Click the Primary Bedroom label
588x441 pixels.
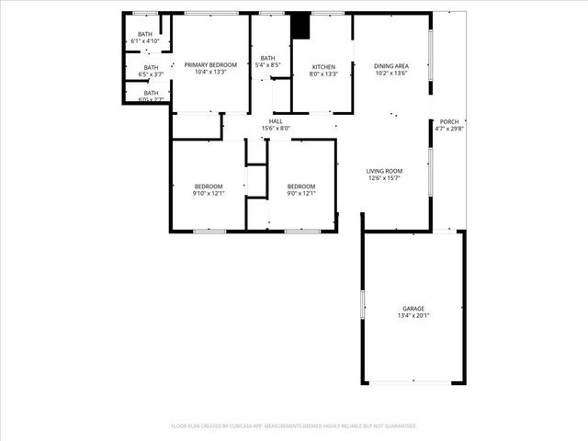click(x=210, y=64)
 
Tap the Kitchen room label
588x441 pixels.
click(x=324, y=67)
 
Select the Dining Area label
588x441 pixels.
click(x=390, y=66)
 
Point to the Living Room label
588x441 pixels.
click(x=384, y=171)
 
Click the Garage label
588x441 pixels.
click(x=413, y=309)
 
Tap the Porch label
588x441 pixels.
click(x=449, y=122)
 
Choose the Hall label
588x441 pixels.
click(x=276, y=121)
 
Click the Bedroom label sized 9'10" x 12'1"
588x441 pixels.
click(x=209, y=187)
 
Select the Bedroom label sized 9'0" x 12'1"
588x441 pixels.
click(x=300, y=187)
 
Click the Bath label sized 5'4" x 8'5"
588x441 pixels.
click(x=268, y=58)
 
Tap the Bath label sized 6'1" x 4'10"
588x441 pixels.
click(x=145, y=34)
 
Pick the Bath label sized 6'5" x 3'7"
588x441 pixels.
click(x=150, y=67)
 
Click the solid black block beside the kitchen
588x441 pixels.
click(x=300, y=25)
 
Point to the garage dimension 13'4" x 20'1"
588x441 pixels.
click(x=413, y=316)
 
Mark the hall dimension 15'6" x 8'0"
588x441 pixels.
click(x=276, y=129)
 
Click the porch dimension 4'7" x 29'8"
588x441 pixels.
click(x=449, y=129)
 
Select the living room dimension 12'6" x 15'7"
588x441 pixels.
click(x=384, y=178)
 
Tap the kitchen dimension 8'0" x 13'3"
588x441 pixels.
click(x=324, y=73)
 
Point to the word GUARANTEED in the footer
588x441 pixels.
click(x=397, y=426)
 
